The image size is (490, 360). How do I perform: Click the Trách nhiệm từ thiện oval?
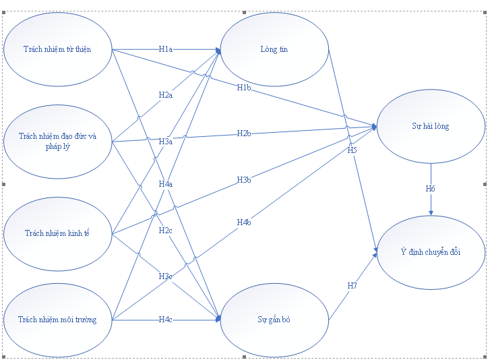(x=57, y=49)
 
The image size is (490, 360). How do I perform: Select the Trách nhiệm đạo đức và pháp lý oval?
(x=57, y=141)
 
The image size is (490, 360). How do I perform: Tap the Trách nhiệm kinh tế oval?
(x=57, y=233)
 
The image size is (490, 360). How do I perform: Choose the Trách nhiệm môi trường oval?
(x=57, y=319)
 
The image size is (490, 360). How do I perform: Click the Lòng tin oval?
(x=274, y=49)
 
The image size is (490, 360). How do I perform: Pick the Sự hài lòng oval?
(x=431, y=126)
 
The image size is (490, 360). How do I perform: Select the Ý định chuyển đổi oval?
(x=431, y=252)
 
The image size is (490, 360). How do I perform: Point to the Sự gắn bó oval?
(x=274, y=320)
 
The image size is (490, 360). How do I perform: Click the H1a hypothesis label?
(x=166, y=49)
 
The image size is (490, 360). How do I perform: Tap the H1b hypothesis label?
(x=244, y=88)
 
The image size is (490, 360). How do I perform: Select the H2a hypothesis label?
(x=166, y=95)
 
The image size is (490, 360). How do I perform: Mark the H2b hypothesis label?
(x=244, y=133)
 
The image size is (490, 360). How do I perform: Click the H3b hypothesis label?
(x=244, y=180)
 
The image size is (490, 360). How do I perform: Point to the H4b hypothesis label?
(x=244, y=222)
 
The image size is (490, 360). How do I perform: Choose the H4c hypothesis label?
(x=166, y=319)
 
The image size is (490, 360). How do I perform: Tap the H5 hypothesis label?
(x=352, y=150)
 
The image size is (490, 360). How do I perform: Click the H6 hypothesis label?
(x=431, y=189)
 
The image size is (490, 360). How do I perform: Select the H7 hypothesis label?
(x=352, y=286)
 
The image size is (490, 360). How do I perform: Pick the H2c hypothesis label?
(x=166, y=231)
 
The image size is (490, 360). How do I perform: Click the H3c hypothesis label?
(x=166, y=276)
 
